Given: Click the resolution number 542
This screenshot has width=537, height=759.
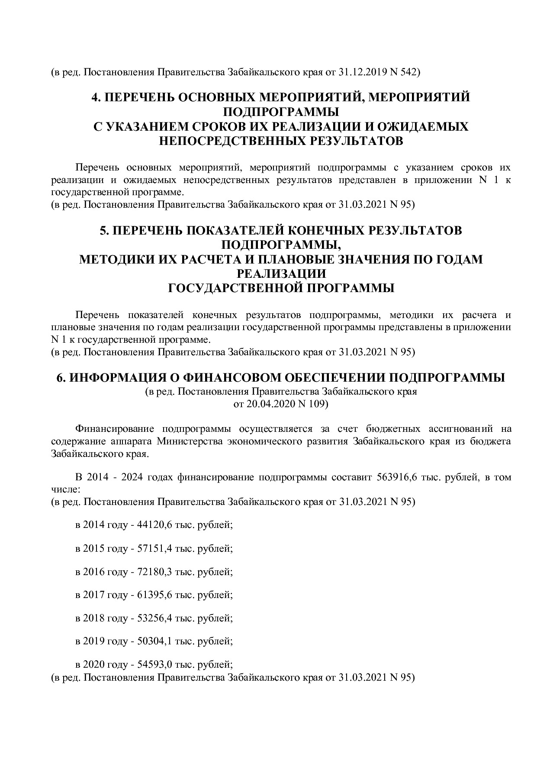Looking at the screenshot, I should point(409,72).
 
